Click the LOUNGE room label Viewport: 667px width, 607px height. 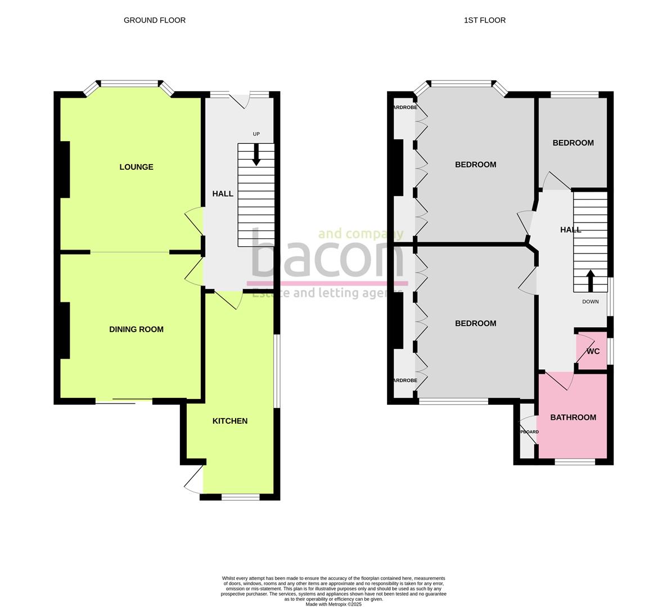pos(136,167)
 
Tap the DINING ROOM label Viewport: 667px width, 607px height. pos(136,329)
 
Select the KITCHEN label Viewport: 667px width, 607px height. pos(229,421)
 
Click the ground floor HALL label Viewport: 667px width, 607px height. pos(222,194)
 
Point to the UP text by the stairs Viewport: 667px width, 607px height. pos(256,134)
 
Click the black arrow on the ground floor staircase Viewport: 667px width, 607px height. pos(256,155)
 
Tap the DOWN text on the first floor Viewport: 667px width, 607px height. pos(590,302)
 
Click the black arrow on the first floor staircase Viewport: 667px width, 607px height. pos(590,280)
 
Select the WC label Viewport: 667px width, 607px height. pos(593,352)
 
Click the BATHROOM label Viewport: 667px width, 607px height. pos(573,418)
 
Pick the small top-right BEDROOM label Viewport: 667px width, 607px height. pos(573,143)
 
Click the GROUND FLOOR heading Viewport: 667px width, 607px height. pos(155,20)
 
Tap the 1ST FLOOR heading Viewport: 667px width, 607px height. pos(484,20)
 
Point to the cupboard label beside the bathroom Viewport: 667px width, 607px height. pos(528,432)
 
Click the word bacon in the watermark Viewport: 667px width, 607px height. pos(327,256)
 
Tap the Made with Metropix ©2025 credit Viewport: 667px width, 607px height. pos(333,604)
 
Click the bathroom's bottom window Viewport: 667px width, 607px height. pos(575,462)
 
